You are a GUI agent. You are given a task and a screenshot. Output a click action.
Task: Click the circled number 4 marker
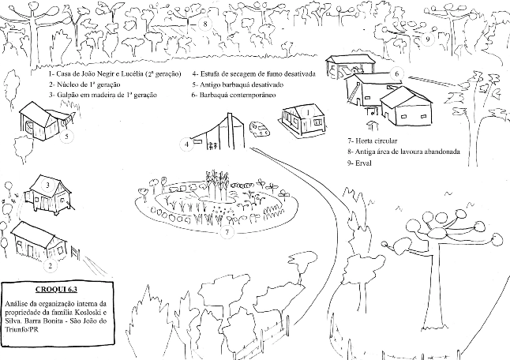[x=187, y=144]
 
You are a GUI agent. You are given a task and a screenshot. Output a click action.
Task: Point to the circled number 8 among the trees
[x=205, y=24]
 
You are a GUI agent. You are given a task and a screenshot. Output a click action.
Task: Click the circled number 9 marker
[x=427, y=38]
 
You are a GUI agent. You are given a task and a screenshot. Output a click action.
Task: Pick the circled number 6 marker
[x=396, y=73]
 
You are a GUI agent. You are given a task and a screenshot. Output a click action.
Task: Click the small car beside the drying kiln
[x=258, y=127]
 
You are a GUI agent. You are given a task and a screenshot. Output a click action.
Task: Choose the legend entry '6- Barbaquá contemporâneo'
[x=233, y=95]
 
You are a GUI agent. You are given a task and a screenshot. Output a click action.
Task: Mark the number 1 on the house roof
[x=299, y=111]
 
